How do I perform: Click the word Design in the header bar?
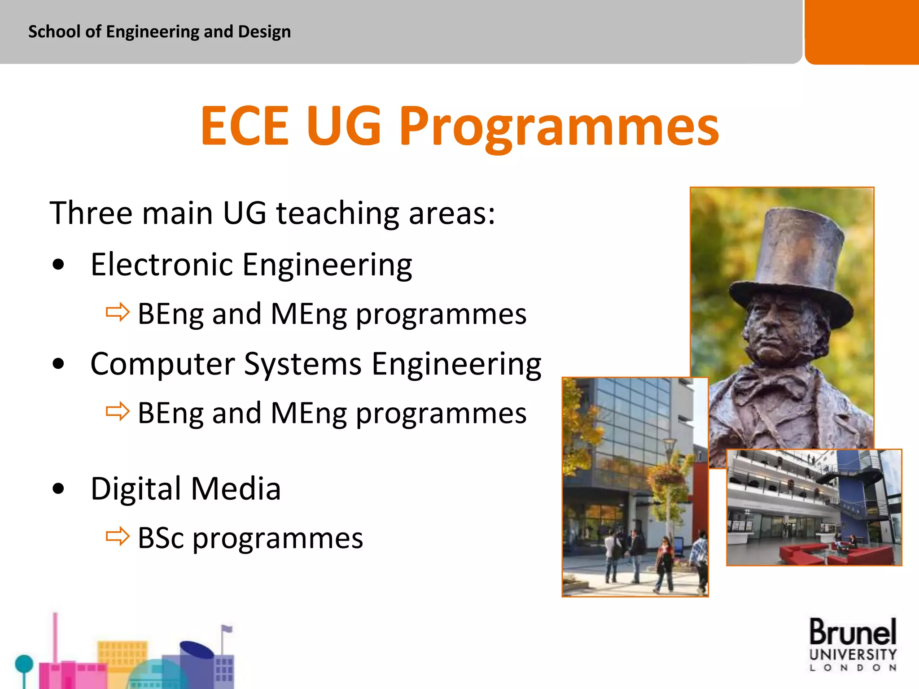(x=264, y=32)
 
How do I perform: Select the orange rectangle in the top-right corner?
(x=862, y=31)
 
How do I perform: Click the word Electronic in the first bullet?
(x=162, y=265)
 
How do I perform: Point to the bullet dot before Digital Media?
(x=58, y=488)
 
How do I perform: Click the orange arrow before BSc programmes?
(x=118, y=536)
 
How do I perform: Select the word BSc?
(x=161, y=538)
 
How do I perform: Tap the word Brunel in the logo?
(x=853, y=632)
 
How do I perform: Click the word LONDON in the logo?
(x=853, y=668)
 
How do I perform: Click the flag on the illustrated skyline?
(x=227, y=629)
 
